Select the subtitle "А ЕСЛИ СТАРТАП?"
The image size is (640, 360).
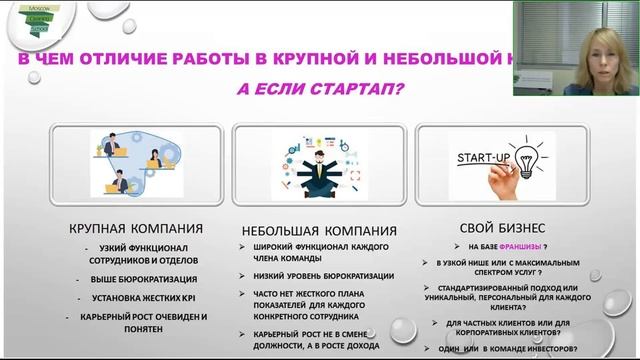tap(319, 88)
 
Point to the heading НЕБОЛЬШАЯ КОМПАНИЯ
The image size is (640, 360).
tap(319, 229)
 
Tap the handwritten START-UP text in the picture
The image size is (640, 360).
tap(484, 159)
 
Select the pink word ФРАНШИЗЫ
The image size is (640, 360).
tap(519, 246)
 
